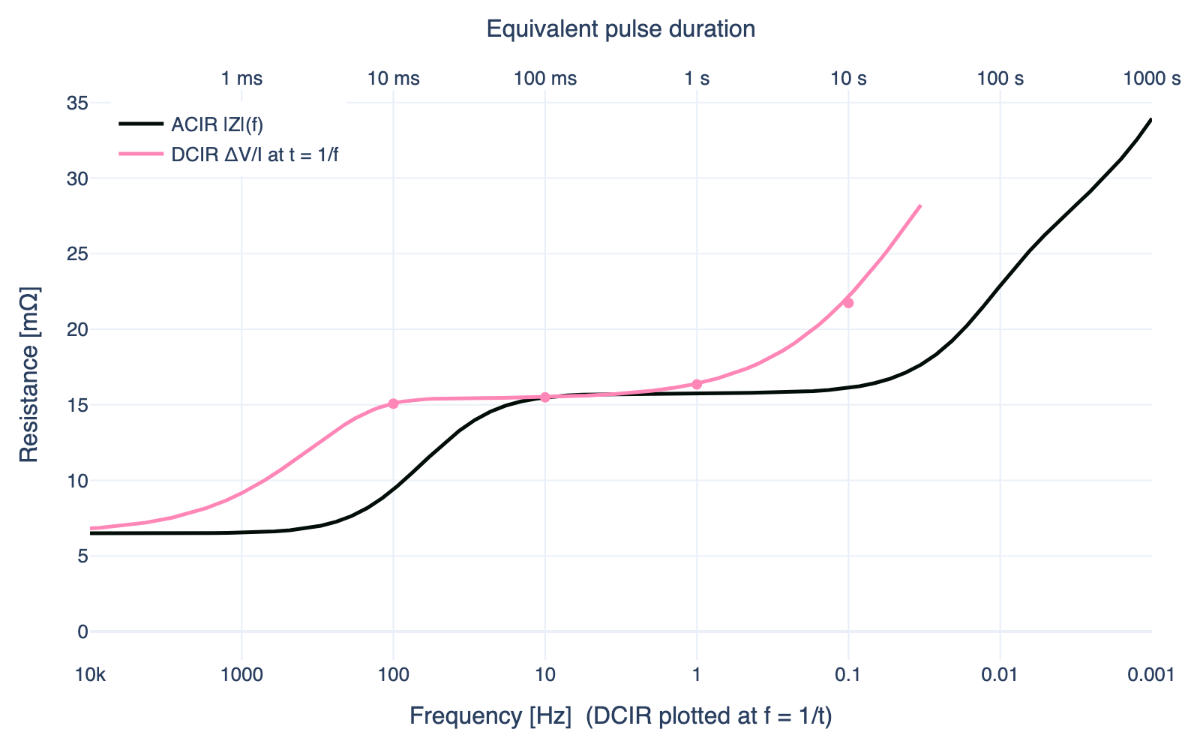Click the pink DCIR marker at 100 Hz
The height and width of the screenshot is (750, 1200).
tap(393, 403)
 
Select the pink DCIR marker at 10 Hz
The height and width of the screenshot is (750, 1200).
tap(545, 397)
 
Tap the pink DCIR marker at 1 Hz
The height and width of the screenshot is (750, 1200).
tap(697, 384)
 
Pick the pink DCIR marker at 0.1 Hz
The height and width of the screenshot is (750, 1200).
tap(848, 303)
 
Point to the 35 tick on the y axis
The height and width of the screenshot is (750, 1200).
tap(78, 103)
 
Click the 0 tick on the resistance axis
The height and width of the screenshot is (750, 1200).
tap(82, 631)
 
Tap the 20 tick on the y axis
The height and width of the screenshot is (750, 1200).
tap(78, 329)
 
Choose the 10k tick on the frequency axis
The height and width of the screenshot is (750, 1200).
tap(91, 676)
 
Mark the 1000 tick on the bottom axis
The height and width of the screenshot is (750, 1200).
tap(241, 676)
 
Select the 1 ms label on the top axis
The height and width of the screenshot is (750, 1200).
tap(242, 78)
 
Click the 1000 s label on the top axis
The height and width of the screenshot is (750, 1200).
tap(1151, 78)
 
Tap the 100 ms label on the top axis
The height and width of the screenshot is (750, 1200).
tap(545, 78)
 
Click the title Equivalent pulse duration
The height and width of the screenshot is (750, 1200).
tap(620, 29)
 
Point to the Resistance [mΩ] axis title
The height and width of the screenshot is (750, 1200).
tap(28, 374)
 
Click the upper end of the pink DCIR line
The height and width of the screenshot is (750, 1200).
tap(920, 205)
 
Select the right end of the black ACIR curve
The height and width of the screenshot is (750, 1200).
tap(1150, 119)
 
